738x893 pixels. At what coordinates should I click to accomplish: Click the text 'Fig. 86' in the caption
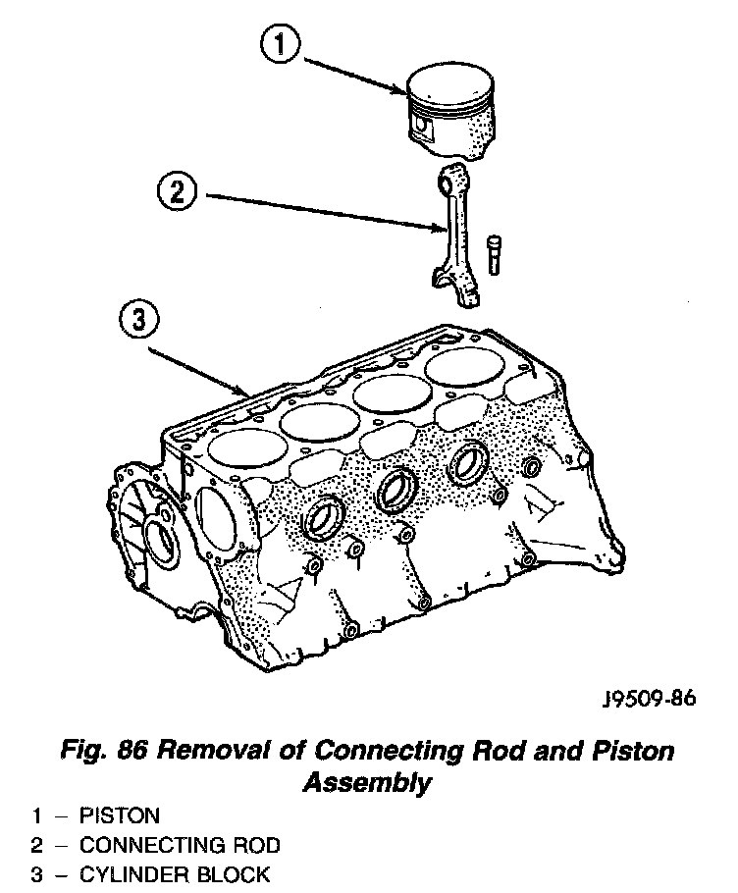[101, 753]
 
